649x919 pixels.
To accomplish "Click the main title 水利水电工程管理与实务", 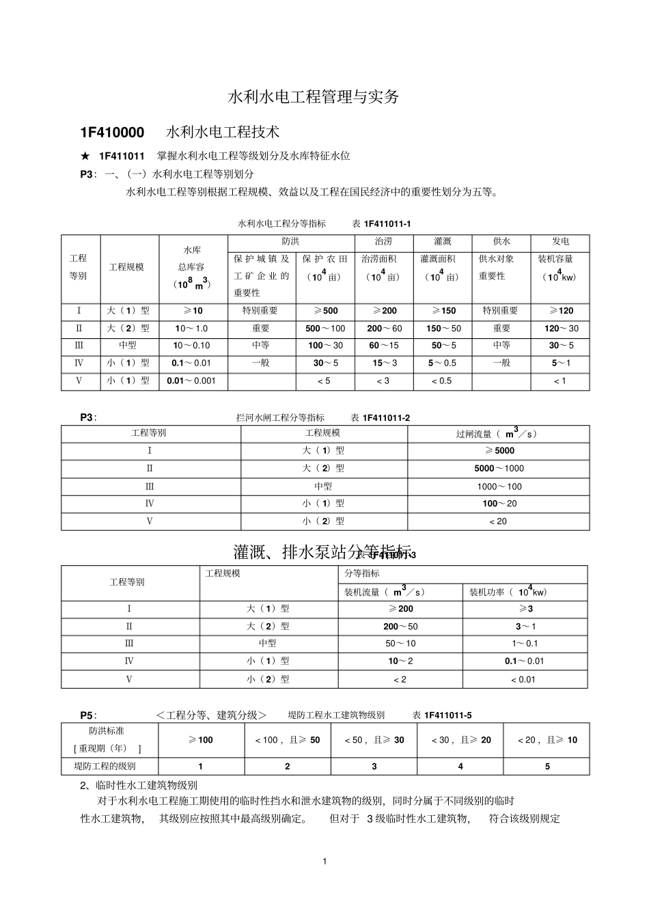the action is [313, 97].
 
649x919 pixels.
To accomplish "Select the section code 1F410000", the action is [112, 132].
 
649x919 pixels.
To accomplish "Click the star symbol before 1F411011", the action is [85, 156].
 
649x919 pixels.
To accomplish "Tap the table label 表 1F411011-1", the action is [381, 223].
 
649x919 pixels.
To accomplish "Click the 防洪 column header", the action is [290, 242].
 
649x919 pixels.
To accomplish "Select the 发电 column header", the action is [560, 242].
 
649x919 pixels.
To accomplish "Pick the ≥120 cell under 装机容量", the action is [560, 311].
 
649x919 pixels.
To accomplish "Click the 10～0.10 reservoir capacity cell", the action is [192, 346].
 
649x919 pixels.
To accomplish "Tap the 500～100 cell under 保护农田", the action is [325, 329].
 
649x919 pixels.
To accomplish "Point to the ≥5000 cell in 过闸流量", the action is [499, 451].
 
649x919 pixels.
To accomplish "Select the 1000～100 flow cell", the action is [499, 486].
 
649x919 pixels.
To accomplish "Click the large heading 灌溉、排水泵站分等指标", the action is [322, 552].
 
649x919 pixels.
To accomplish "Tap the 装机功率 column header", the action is [508, 592].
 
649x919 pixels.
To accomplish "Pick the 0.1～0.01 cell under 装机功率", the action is [524, 661].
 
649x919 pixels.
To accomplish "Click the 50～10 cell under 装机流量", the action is [400, 644].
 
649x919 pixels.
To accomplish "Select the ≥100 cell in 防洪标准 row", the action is [201, 740].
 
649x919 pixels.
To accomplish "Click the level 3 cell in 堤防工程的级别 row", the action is [374, 767].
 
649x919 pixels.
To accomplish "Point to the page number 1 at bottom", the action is [325, 861].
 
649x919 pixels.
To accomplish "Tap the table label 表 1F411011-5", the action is [442, 715].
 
